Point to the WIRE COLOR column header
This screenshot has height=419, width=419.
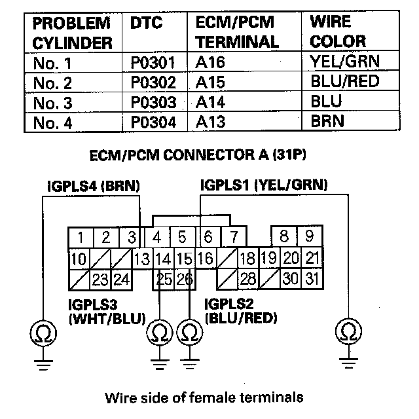pyautogui.click(x=338, y=33)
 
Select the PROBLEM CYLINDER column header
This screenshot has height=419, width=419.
pyautogui.click(x=71, y=33)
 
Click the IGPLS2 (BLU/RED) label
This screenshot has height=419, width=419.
pyautogui.click(x=240, y=312)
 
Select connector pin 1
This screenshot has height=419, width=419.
pyautogui.click(x=79, y=237)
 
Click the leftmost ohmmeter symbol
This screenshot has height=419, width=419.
pyautogui.click(x=43, y=335)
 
